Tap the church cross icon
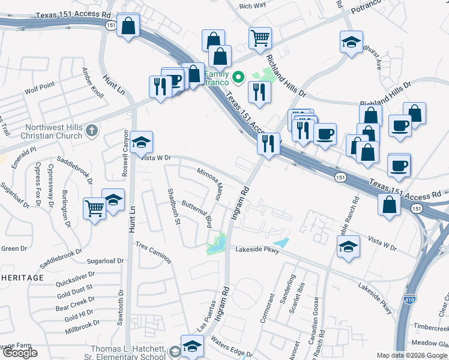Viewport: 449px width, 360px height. (91, 130)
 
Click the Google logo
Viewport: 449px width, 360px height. (20, 353)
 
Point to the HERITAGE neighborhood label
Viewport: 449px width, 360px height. (22, 278)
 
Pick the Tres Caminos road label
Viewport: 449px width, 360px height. (154, 253)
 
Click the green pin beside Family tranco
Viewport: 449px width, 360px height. (238, 77)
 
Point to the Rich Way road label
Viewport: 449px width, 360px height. (252, 6)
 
